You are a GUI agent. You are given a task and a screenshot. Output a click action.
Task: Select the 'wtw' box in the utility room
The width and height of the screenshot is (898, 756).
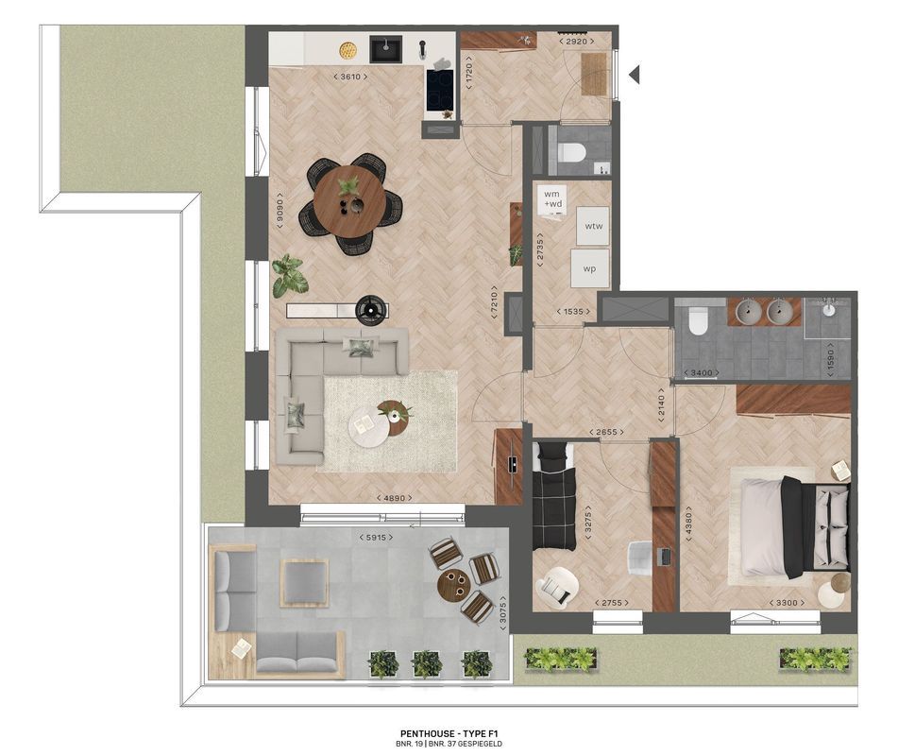(593, 226)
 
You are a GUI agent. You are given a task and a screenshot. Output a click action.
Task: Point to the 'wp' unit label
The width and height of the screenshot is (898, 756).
(589, 268)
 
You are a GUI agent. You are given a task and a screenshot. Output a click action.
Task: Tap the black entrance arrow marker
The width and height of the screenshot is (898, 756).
(635, 74)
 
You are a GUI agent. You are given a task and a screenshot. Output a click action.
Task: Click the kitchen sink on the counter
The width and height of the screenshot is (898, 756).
(384, 47)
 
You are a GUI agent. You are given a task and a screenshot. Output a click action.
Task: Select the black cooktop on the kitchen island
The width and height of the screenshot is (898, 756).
(440, 91)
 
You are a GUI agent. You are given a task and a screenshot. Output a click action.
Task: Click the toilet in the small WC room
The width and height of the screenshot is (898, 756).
(571, 152)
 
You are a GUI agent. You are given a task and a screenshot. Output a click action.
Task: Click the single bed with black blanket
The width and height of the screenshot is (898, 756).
(554, 496)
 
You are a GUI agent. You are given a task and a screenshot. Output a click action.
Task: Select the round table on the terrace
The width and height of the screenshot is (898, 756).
(453, 583)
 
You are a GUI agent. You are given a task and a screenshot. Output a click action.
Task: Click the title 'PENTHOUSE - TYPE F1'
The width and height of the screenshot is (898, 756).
(449, 733)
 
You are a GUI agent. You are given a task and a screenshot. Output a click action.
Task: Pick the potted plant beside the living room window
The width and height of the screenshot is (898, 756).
(290, 275)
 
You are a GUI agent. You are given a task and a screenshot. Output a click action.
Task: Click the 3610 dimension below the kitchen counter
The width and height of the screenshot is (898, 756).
(351, 77)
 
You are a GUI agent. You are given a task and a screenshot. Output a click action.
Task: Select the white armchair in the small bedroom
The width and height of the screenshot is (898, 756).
(556, 586)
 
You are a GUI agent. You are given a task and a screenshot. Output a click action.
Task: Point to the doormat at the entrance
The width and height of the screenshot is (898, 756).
(594, 73)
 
